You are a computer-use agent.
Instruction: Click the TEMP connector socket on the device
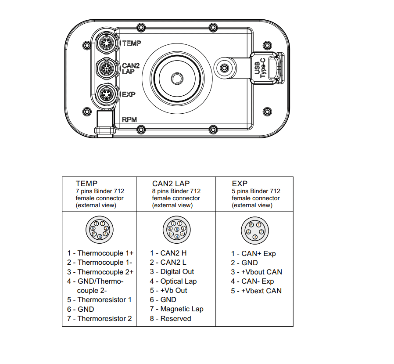point(105,43)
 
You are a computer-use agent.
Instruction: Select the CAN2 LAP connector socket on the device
point(105,68)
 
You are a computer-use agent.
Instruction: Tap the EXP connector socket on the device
point(105,94)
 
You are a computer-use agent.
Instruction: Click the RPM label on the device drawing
point(129,119)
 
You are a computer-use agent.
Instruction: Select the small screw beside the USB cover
point(225,68)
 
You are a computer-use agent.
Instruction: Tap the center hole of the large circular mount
point(176,78)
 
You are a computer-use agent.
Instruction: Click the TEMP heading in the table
point(86,183)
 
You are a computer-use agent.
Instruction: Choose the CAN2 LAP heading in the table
point(171,183)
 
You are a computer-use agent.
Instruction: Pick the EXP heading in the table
point(240,184)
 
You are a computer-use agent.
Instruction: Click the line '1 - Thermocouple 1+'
point(100,253)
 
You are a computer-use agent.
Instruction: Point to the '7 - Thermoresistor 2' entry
point(100,318)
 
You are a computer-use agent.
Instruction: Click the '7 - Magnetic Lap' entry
point(176,309)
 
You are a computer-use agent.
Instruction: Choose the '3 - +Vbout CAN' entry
point(257,272)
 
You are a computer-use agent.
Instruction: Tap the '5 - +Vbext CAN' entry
point(256,291)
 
